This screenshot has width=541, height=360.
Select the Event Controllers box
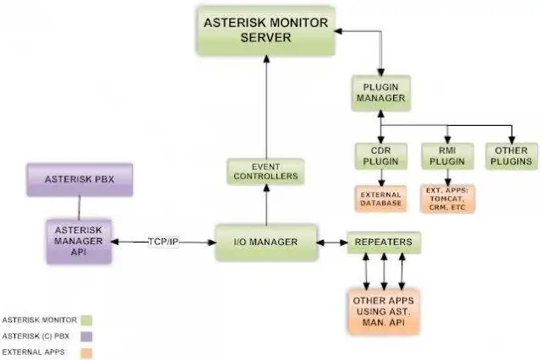pyautogui.click(x=265, y=171)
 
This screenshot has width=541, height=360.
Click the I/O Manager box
pyautogui.click(x=266, y=243)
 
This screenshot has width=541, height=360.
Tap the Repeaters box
pyautogui.click(x=384, y=243)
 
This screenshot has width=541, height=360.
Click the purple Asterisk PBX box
pyautogui.click(x=79, y=180)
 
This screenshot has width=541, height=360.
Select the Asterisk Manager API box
pyautogui.click(x=79, y=240)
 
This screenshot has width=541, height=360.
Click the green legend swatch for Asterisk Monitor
pyautogui.click(x=85, y=319)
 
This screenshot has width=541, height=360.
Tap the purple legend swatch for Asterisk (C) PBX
pyautogui.click(x=85, y=335)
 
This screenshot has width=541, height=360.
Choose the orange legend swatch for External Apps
pyautogui.click(x=85, y=352)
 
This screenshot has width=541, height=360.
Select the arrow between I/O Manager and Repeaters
pyautogui.click(x=332, y=243)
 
